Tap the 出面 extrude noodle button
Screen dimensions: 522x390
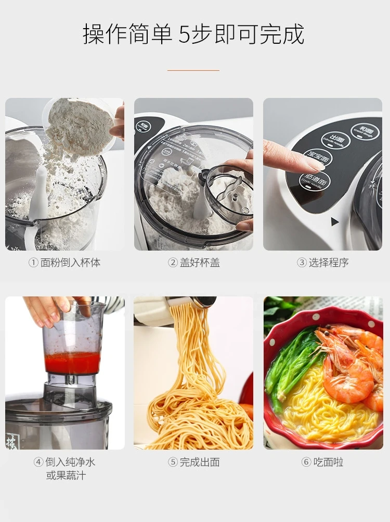point(335,140)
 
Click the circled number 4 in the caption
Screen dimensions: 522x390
point(38,462)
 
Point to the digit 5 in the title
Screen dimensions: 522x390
point(185,34)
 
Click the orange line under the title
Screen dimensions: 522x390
point(193,70)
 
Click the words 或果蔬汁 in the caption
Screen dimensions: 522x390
point(66,476)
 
